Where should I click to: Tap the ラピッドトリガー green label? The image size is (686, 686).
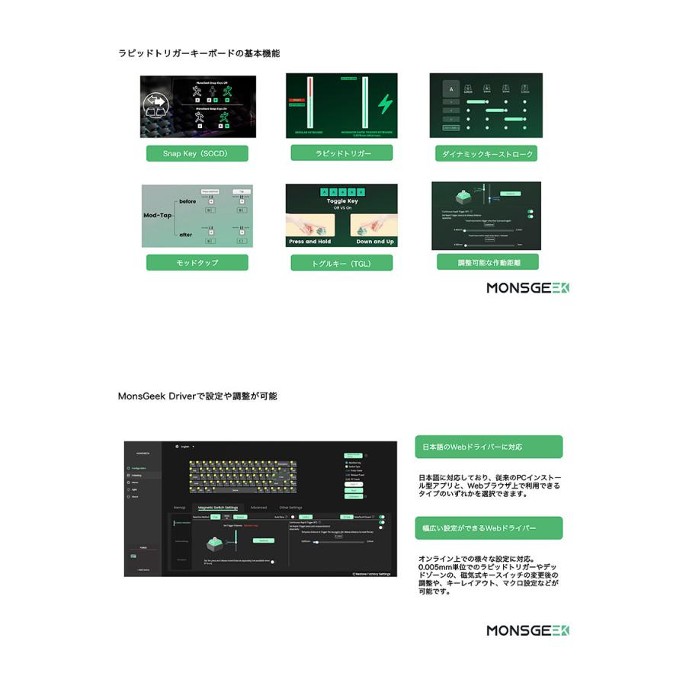341,153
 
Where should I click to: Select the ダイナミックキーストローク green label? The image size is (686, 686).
486,154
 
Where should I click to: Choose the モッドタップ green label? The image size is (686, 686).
197,262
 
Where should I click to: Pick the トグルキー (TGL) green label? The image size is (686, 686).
341,263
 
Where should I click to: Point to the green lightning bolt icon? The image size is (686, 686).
386,104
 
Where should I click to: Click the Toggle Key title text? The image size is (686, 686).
341,202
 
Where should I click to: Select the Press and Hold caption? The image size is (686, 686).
309,242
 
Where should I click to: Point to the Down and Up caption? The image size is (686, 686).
375,242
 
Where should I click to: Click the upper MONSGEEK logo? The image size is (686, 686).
528,288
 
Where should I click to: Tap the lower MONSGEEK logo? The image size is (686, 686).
528,630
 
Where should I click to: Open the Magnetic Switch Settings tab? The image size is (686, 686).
218,507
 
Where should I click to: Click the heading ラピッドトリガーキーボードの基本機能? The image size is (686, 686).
199,53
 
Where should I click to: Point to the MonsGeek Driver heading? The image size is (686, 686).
197,396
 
